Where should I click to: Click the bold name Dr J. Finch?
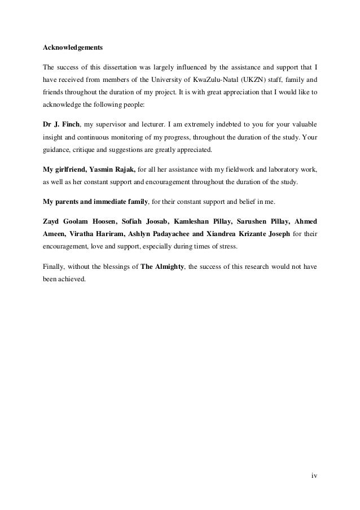coord(62,124)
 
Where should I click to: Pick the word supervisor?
coord(115,124)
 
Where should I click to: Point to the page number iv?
coord(314,475)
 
